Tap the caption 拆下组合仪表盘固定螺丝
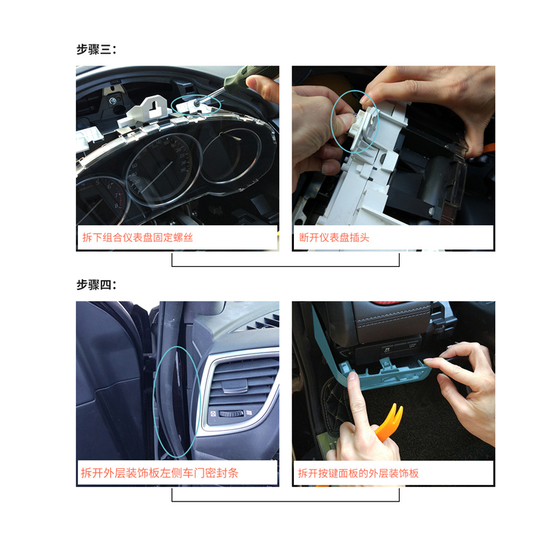click(x=137, y=238)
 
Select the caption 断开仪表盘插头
click(x=334, y=238)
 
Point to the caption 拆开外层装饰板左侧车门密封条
click(x=160, y=473)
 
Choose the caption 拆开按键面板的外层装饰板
click(x=358, y=473)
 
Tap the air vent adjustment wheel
click(x=230, y=413)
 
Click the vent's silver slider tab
click(x=234, y=385)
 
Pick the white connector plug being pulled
click(x=362, y=125)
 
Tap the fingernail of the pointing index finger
click(x=352, y=376)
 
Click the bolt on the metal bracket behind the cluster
click(x=113, y=101)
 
